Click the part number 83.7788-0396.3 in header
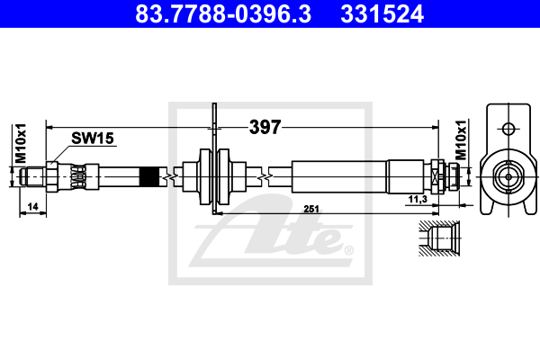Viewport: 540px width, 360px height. click(223, 14)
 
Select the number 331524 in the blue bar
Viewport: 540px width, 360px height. click(382, 14)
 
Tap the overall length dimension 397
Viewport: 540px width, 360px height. click(265, 127)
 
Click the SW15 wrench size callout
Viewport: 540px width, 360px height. click(93, 138)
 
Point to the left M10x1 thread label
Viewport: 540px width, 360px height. click(21, 143)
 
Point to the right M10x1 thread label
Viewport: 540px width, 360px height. click(461, 140)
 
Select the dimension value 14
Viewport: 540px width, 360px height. click(32, 207)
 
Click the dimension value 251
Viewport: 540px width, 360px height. click(311, 209)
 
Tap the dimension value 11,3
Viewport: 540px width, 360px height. click(418, 199)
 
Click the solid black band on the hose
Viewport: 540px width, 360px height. click(149, 177)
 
